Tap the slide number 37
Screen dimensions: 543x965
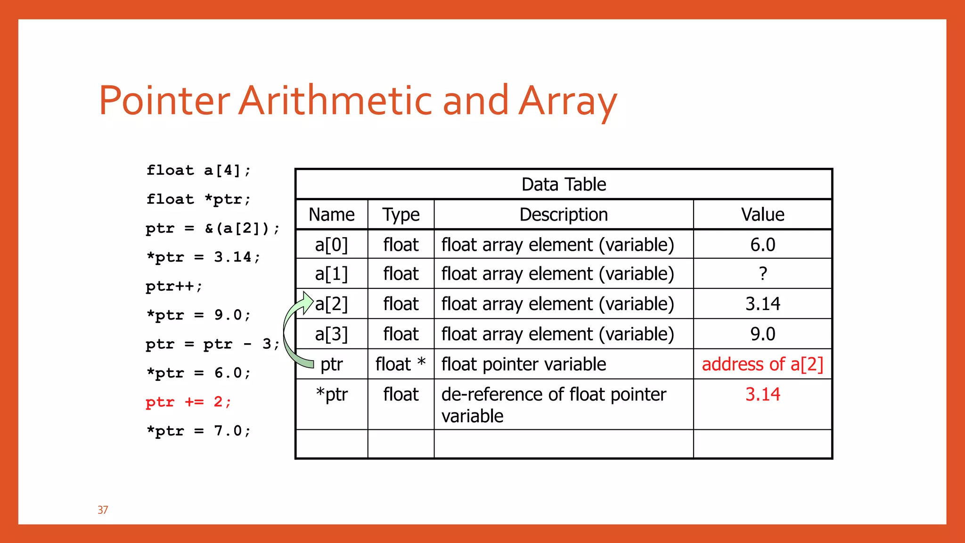tap(103, 510)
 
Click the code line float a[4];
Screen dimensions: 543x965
tap(198, 170)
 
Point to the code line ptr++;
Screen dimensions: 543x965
tap(174, 286)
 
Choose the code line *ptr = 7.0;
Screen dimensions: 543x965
tap(198, 431)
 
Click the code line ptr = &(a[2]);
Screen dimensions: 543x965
tap(213, 229)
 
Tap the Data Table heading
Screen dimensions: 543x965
tap(564, 184)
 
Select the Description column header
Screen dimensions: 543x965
tap(564, 215)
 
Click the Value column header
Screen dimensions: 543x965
tap(762, 215)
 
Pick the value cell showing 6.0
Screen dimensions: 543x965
tap(762, 245)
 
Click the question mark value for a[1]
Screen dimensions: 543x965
tap(763, 274)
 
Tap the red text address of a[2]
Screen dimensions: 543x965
tap(762, 364)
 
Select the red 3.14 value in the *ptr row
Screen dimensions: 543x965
tap(762, 395)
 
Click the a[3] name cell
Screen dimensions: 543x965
tap(331, 334)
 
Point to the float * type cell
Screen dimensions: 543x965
tap(401, 364)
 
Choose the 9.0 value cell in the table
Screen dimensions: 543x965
tap(762, 334)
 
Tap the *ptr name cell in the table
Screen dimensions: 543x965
tap(332, 395)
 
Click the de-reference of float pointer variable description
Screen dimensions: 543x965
tap(554, 404)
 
